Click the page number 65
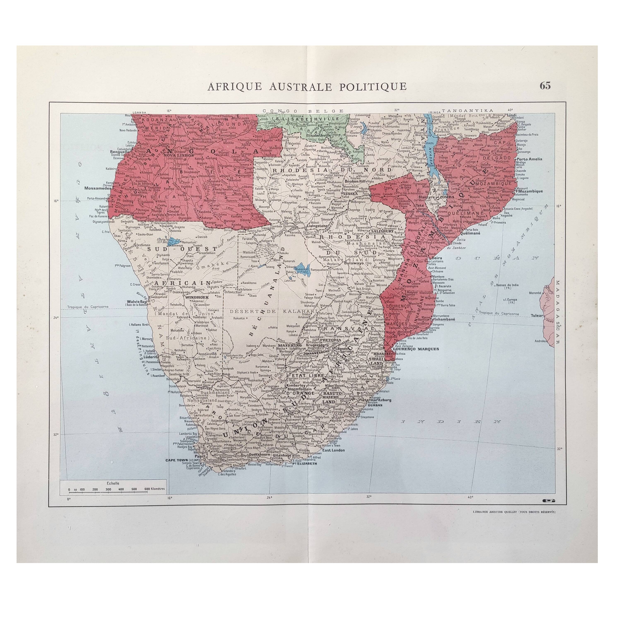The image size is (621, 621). (545, 86)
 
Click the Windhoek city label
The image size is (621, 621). (197, 297)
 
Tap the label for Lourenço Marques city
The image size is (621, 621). (416, 349)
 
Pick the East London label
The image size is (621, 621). (333, 450)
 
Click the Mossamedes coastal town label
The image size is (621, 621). (97, 189)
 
